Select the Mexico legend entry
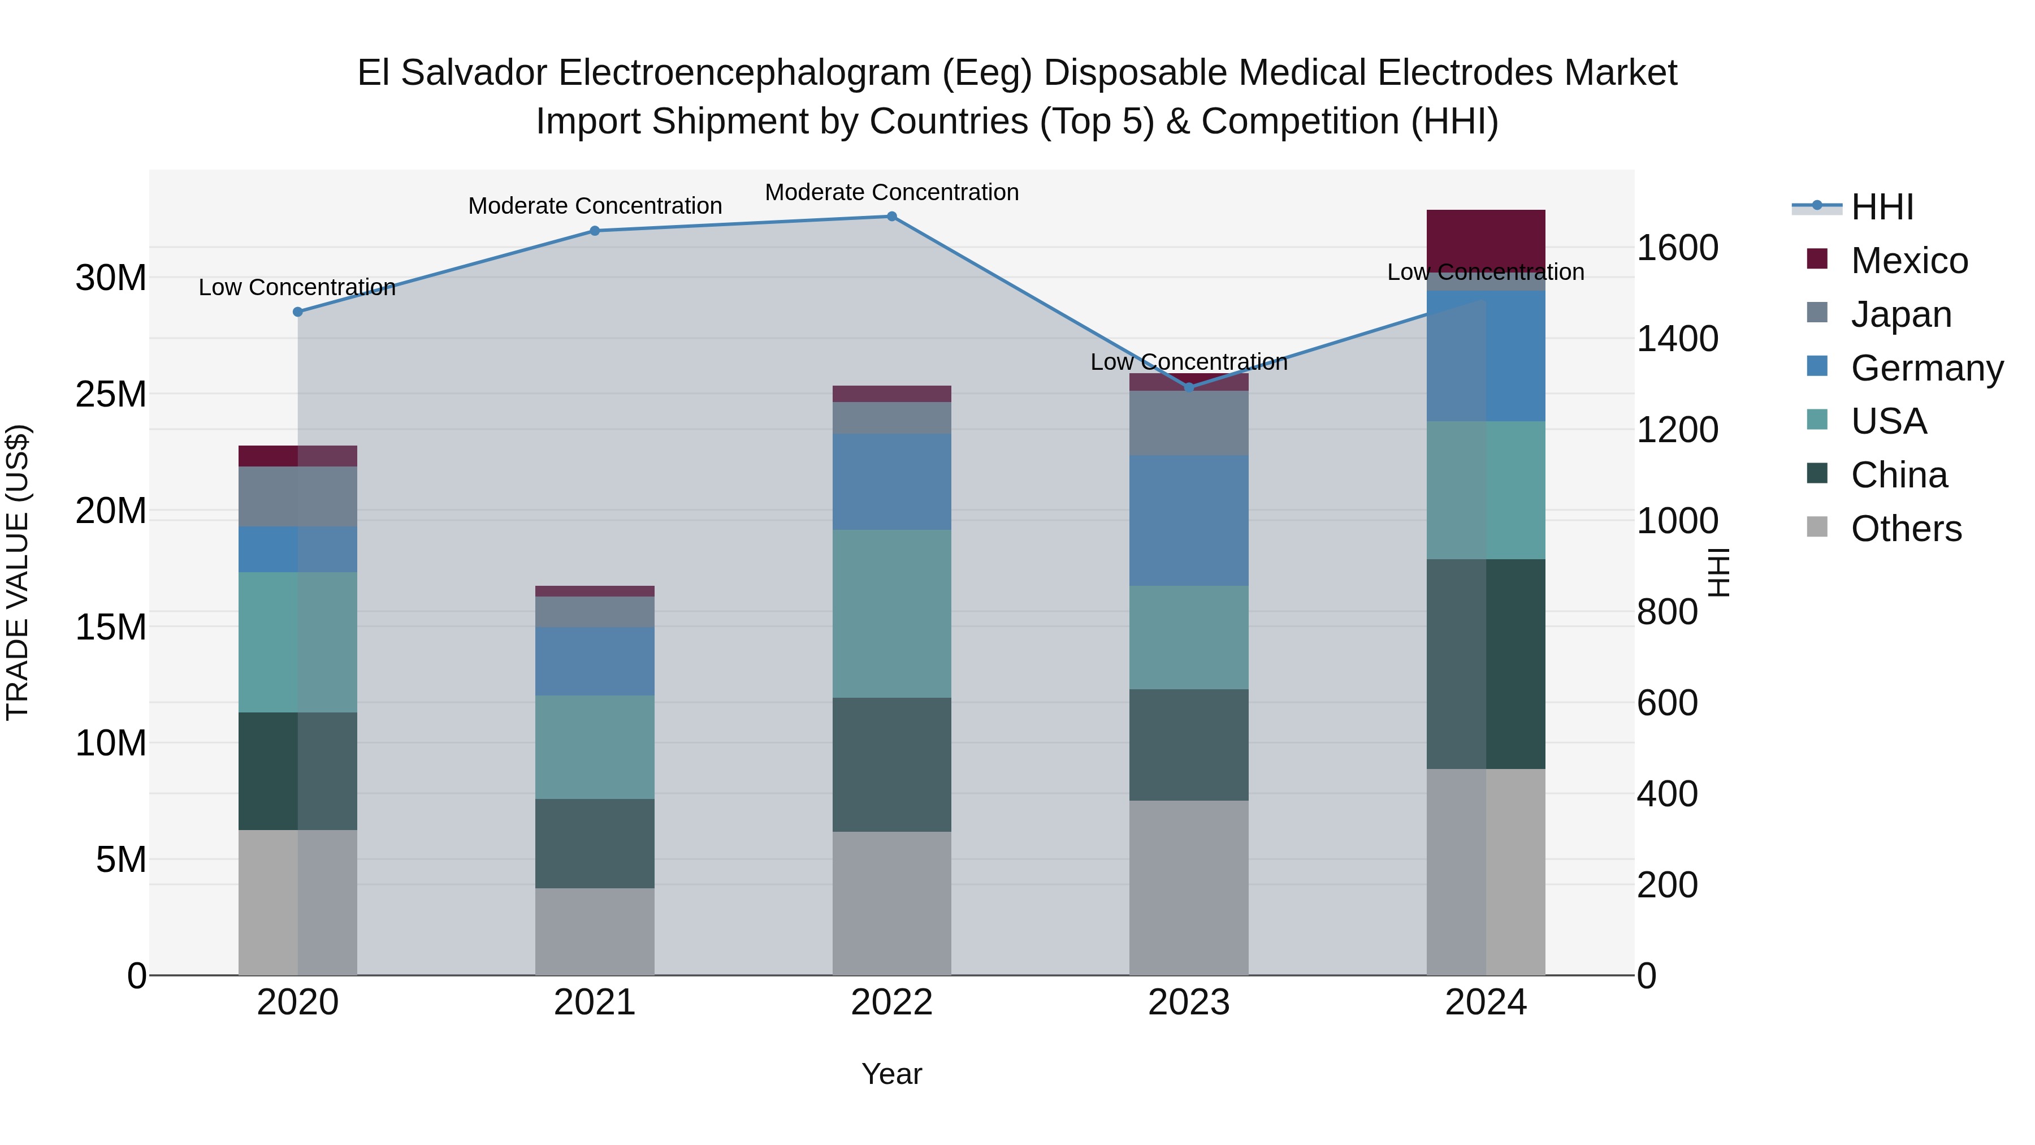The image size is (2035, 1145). click(x=1908, y=261)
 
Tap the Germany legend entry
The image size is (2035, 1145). click(x=1926, y=368)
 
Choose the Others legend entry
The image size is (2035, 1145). click(x=1906, y=529)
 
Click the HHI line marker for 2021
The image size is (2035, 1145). click(x=595, y=231)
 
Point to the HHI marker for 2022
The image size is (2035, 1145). click(x=892, y=217)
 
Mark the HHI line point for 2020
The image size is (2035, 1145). click(x=298, y=312)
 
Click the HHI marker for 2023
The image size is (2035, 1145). click(x=1189, y=387)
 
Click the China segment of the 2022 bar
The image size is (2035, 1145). click(x=892, y=764)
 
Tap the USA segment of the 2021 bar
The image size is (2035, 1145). click(x=595, y=747)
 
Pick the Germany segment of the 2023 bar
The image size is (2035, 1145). click(x=1189, y=520)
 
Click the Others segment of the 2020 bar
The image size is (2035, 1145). click(x=298, y=902)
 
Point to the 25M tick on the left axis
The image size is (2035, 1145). click(x=111, y=394)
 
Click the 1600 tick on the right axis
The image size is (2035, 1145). click(x=1677, y=248)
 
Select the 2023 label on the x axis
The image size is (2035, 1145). click(x=1189, y=1003)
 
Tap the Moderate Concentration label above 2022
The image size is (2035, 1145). click(x=892, y=192)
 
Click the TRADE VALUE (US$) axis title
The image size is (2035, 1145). click(x=18, y=572)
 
